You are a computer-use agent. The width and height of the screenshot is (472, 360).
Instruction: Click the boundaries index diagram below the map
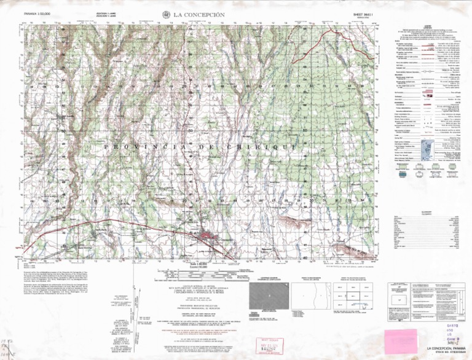tap(307, 294)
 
